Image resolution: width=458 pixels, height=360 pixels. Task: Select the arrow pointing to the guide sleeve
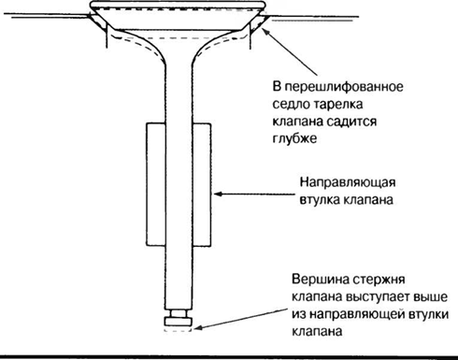[252, 194]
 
